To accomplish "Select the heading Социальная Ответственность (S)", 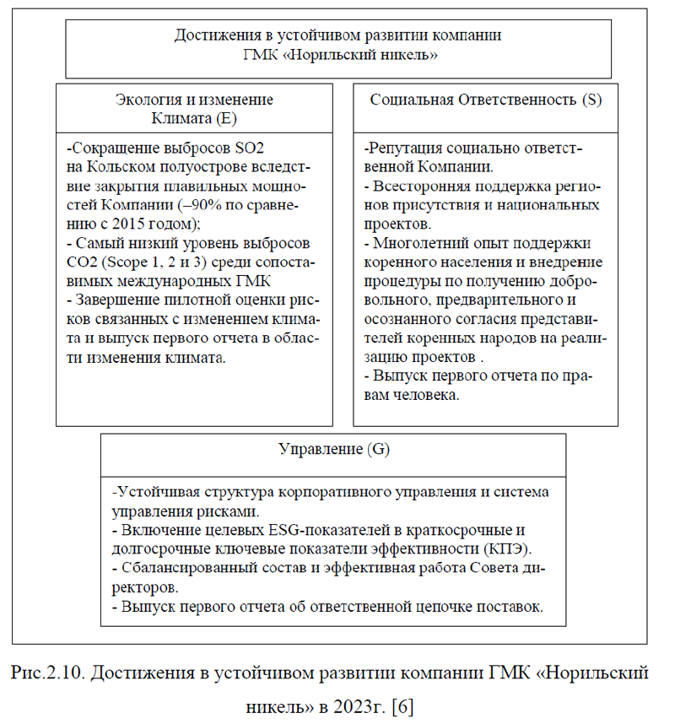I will coord(486,100).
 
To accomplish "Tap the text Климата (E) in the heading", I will coord(194,118).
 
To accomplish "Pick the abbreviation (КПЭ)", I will coord(517,547).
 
